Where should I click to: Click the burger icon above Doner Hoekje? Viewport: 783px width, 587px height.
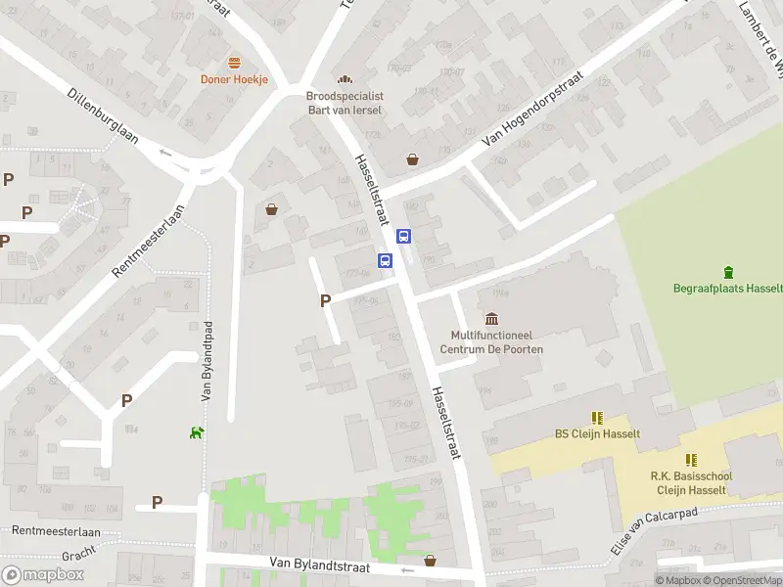coord(234,63)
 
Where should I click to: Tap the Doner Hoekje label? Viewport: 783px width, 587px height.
coord(234,79)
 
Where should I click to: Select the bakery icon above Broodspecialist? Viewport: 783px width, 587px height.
coord(344,79)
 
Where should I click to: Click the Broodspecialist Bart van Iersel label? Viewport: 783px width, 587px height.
coord(344,104)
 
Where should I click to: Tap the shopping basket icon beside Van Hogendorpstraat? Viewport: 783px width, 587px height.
coord(413,159)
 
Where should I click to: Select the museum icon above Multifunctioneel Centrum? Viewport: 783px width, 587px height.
coord(491,319)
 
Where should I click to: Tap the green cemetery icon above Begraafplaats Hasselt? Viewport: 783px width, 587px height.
coord(727,272)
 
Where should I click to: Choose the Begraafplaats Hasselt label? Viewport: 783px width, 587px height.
coord(727,289)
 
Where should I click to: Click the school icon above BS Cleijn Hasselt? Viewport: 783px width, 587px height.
coord(597,417)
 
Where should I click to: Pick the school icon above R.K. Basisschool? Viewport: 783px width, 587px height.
coord(691,460)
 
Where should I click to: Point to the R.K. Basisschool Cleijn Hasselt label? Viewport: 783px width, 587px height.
coord(691,483)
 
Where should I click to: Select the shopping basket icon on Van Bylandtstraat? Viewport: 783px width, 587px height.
coord(430,561)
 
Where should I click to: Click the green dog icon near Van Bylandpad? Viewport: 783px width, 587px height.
coord(197,432)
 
